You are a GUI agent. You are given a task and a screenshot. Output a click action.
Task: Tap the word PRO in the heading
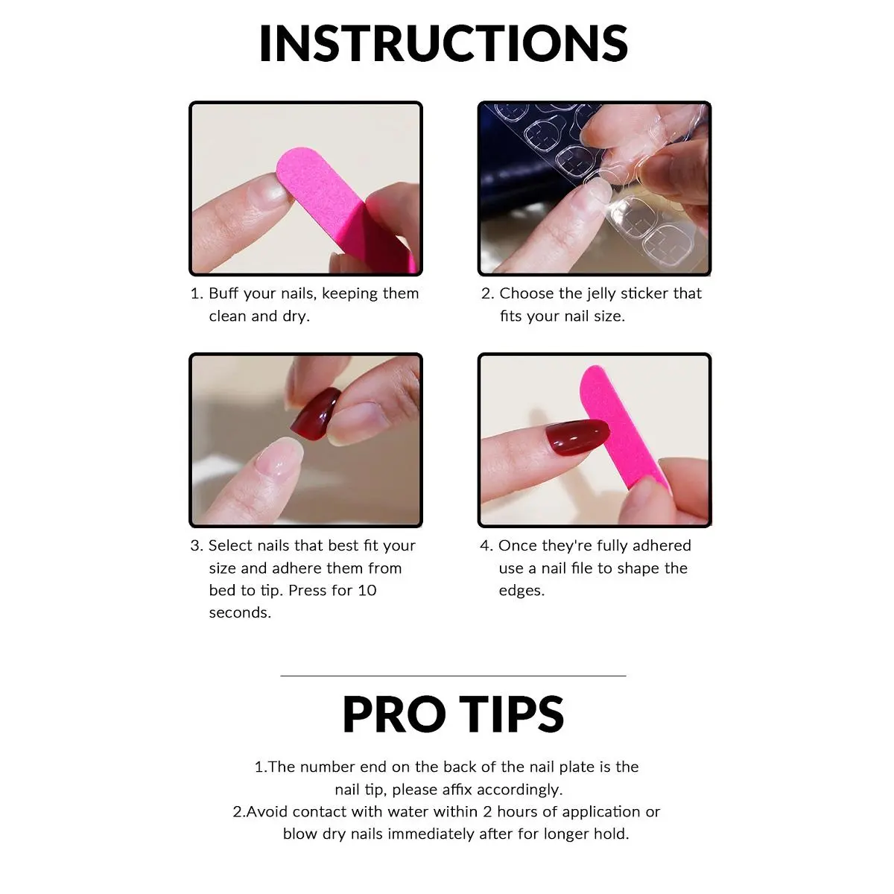[394, 714]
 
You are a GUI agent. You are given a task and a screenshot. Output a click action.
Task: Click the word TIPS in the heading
[512, 714]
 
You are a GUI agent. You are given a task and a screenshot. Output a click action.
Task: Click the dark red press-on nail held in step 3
[315, 413]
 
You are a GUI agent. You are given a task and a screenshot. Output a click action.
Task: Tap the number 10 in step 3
[367, 591]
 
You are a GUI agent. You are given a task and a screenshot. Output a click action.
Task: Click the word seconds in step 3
[239, 613]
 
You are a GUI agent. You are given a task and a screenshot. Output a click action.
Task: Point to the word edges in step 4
[521, 592]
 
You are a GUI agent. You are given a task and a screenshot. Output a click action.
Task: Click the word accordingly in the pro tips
[519, 790]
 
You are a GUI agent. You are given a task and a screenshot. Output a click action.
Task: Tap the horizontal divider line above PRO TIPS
[453, 676]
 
